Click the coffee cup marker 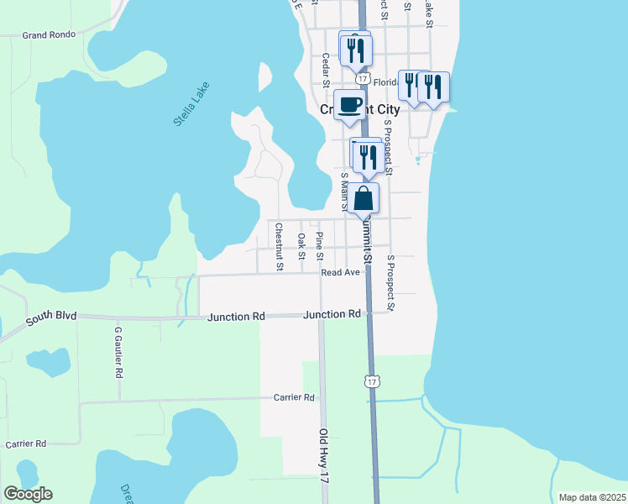click(x=350, y=105)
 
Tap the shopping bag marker click(x=364, y=199)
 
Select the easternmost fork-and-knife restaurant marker click(x=433, y=87)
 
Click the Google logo click(x=28, y=494)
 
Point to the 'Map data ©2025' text click(x=592, y=497)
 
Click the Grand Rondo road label click(x=49, y=34)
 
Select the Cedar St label click(x=326, y=69)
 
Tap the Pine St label click(x=319, y=241)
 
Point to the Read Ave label click(x=340, y=272)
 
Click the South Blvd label click(x=50, y=316)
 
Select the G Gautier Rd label click(x=118, y=351)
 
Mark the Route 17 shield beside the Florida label click(x=362, y=77)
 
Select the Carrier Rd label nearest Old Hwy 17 click(x=294, y=397)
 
